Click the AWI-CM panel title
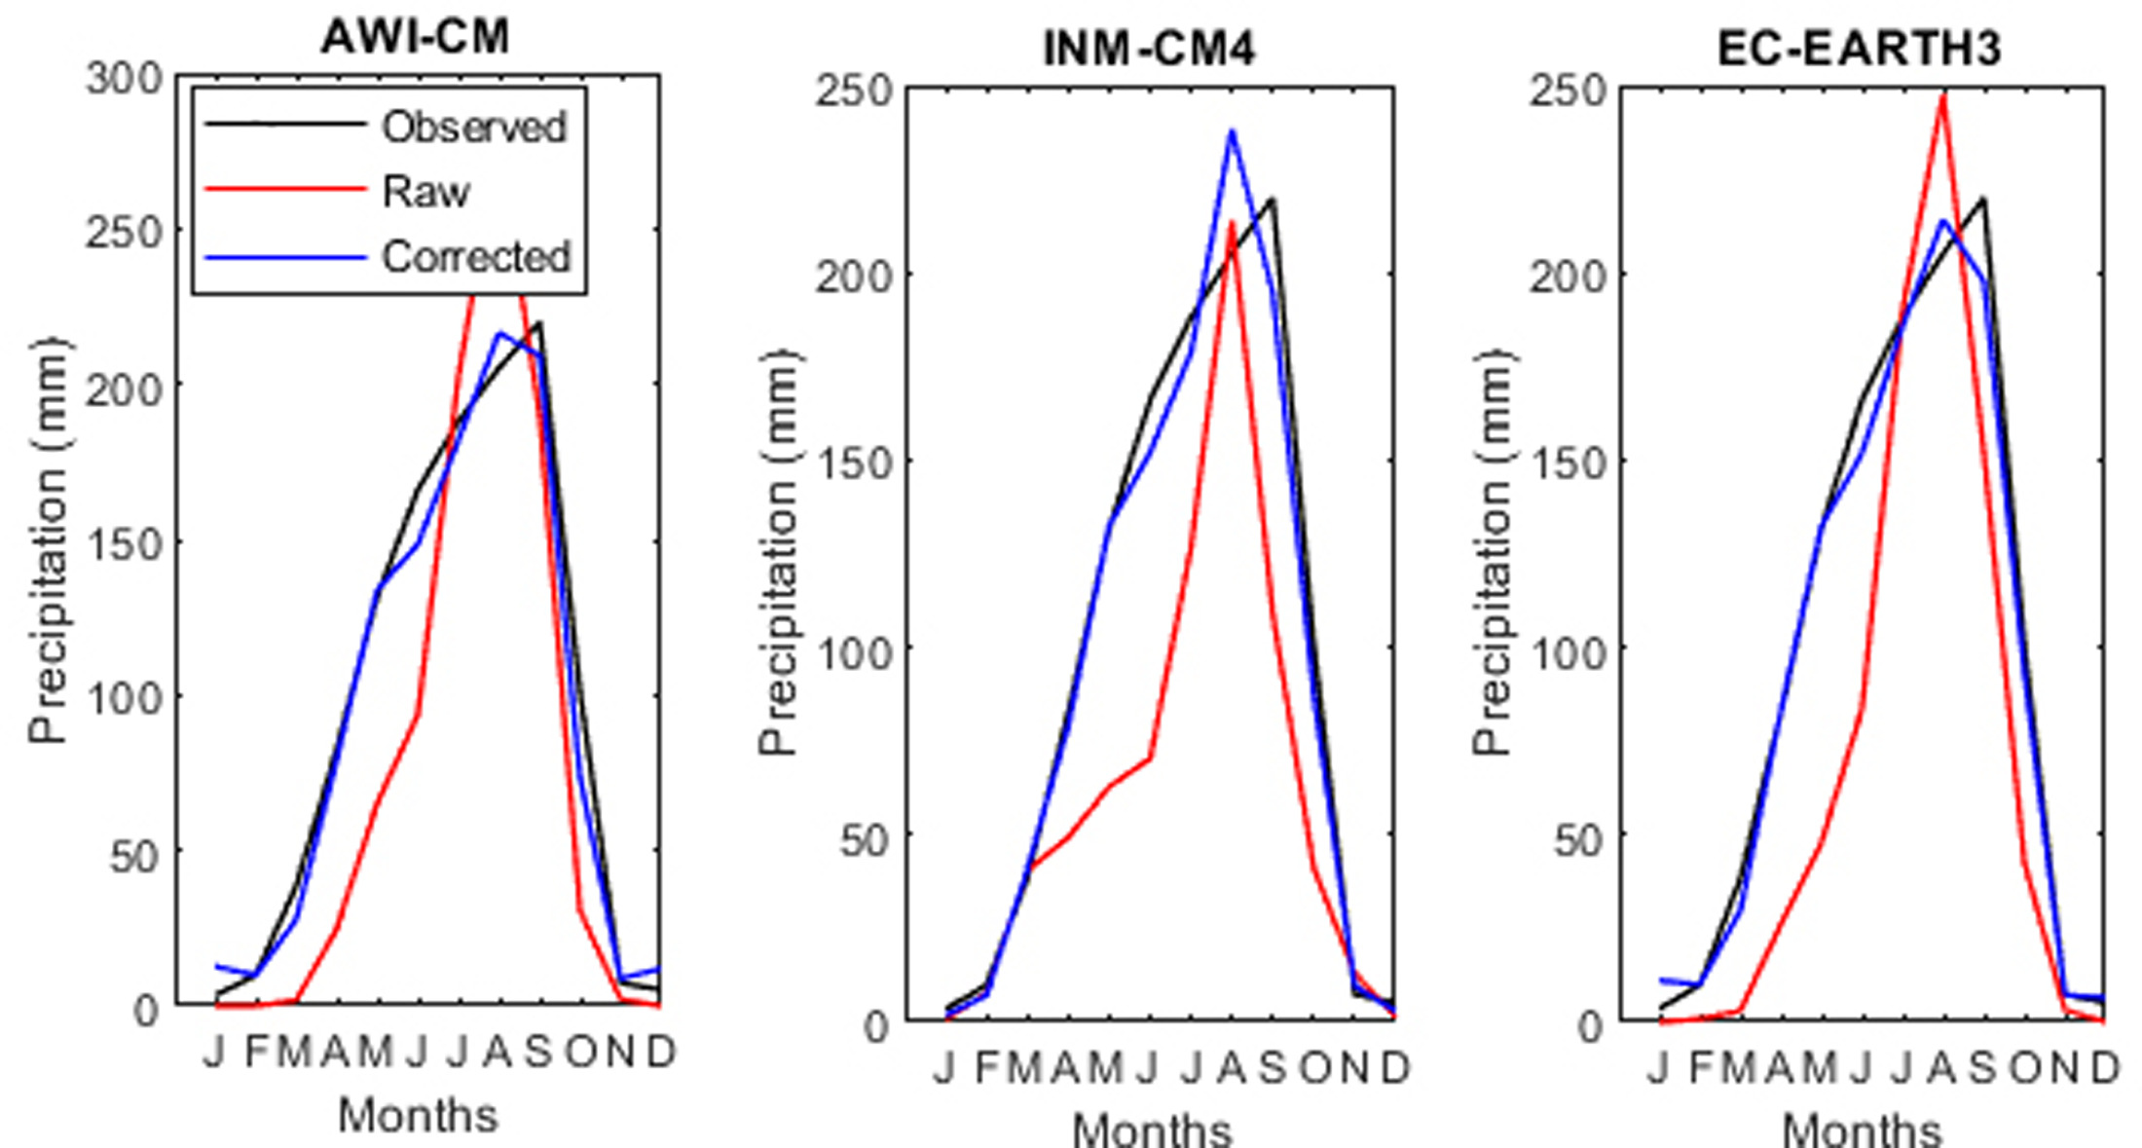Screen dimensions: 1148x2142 416,38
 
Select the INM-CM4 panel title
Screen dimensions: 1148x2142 1149,49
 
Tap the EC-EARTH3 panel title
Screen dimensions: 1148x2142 1860,49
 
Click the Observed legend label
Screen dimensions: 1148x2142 474,127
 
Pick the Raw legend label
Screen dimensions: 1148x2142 425,192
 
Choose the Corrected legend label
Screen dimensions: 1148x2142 476,257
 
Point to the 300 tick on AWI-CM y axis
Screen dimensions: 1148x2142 124,78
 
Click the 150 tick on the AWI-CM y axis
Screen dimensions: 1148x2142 124,543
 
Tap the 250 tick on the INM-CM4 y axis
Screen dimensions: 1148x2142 854,91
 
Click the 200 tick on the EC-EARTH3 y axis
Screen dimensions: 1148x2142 1568,277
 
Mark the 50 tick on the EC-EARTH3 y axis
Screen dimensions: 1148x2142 1577,837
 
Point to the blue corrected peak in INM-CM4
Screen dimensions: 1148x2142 1232,131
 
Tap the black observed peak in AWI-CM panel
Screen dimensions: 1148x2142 539,323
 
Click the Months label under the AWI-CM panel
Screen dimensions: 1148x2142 418,1114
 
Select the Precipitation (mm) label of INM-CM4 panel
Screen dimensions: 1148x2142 778,551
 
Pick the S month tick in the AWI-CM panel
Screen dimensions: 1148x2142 538,1052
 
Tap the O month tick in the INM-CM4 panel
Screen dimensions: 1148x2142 1314,1068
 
